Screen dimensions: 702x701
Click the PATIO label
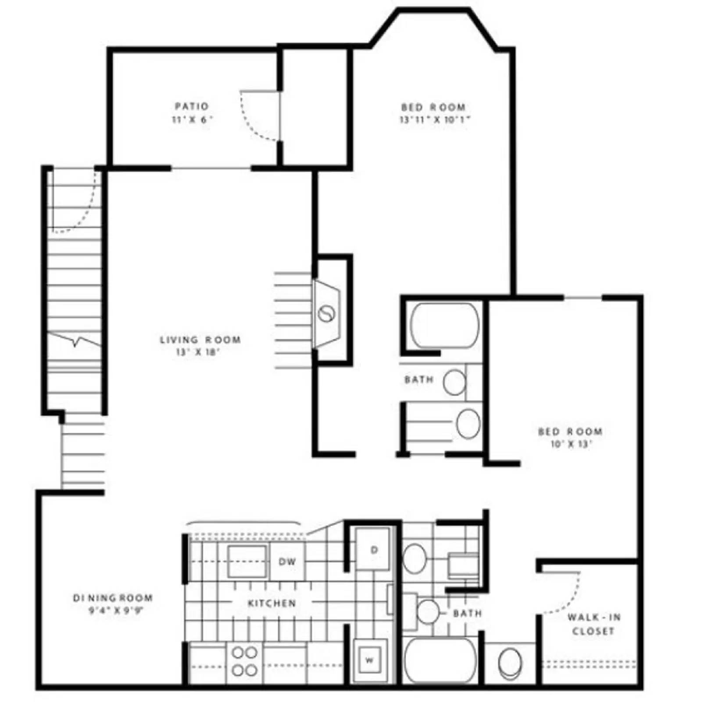192,106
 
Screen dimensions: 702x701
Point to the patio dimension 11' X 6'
192,119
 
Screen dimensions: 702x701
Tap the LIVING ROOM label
200,340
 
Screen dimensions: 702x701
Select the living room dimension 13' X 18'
197,352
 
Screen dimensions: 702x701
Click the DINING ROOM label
113,598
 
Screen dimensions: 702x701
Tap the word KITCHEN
272,603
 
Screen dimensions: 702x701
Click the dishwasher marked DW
287,561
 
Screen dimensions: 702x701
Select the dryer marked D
373,550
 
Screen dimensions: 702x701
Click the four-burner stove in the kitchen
244,661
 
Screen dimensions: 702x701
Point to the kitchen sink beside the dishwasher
247,561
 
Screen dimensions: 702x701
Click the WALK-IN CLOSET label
594,624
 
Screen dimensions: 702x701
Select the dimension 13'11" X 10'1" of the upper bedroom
434,119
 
